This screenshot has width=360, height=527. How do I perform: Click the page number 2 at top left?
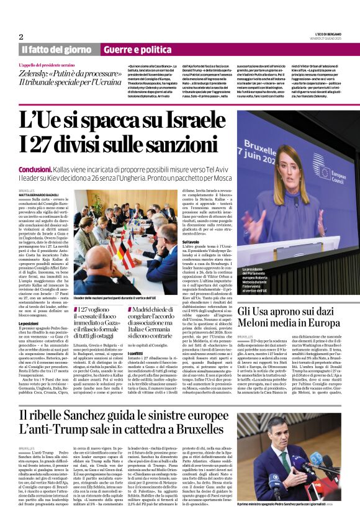click(21, 37)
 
